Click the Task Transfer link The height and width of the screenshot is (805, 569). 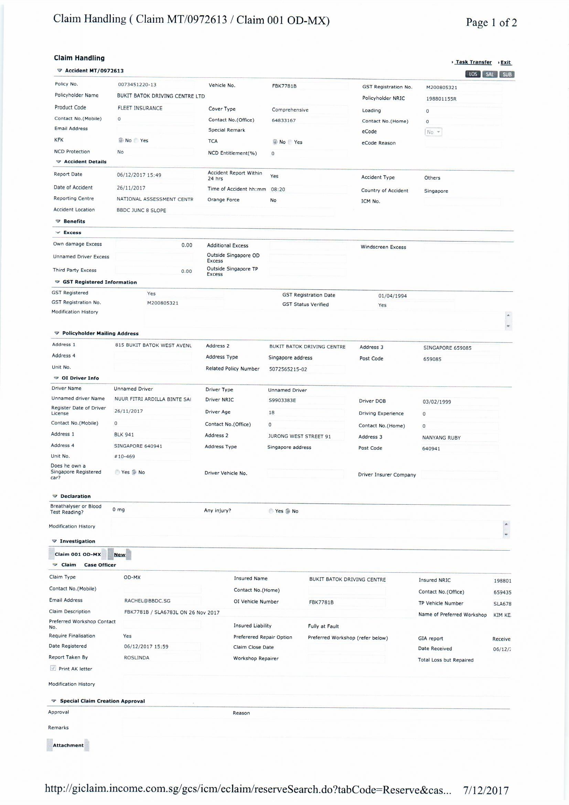473,62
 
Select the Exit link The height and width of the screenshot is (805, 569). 505,62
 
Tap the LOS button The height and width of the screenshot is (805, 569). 473,74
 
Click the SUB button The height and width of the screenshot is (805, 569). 507,74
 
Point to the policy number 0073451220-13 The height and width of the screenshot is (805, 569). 137,84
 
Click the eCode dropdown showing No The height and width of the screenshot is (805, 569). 433,132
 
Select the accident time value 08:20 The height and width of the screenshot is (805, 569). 278,189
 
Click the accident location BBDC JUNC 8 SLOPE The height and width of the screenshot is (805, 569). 141,210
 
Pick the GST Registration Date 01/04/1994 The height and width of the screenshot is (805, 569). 393,296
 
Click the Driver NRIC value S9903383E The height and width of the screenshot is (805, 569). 282,400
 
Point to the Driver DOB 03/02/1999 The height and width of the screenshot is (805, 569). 437,402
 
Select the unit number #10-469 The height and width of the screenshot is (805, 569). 125,457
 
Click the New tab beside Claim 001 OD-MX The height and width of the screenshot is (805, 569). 119,555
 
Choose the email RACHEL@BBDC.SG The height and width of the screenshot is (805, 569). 147,601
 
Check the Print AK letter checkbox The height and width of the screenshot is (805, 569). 53,668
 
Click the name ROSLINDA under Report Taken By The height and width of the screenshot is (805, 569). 137,658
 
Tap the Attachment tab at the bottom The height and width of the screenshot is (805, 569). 68,745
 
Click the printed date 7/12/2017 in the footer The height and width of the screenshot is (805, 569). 486,790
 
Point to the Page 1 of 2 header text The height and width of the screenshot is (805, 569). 491,23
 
